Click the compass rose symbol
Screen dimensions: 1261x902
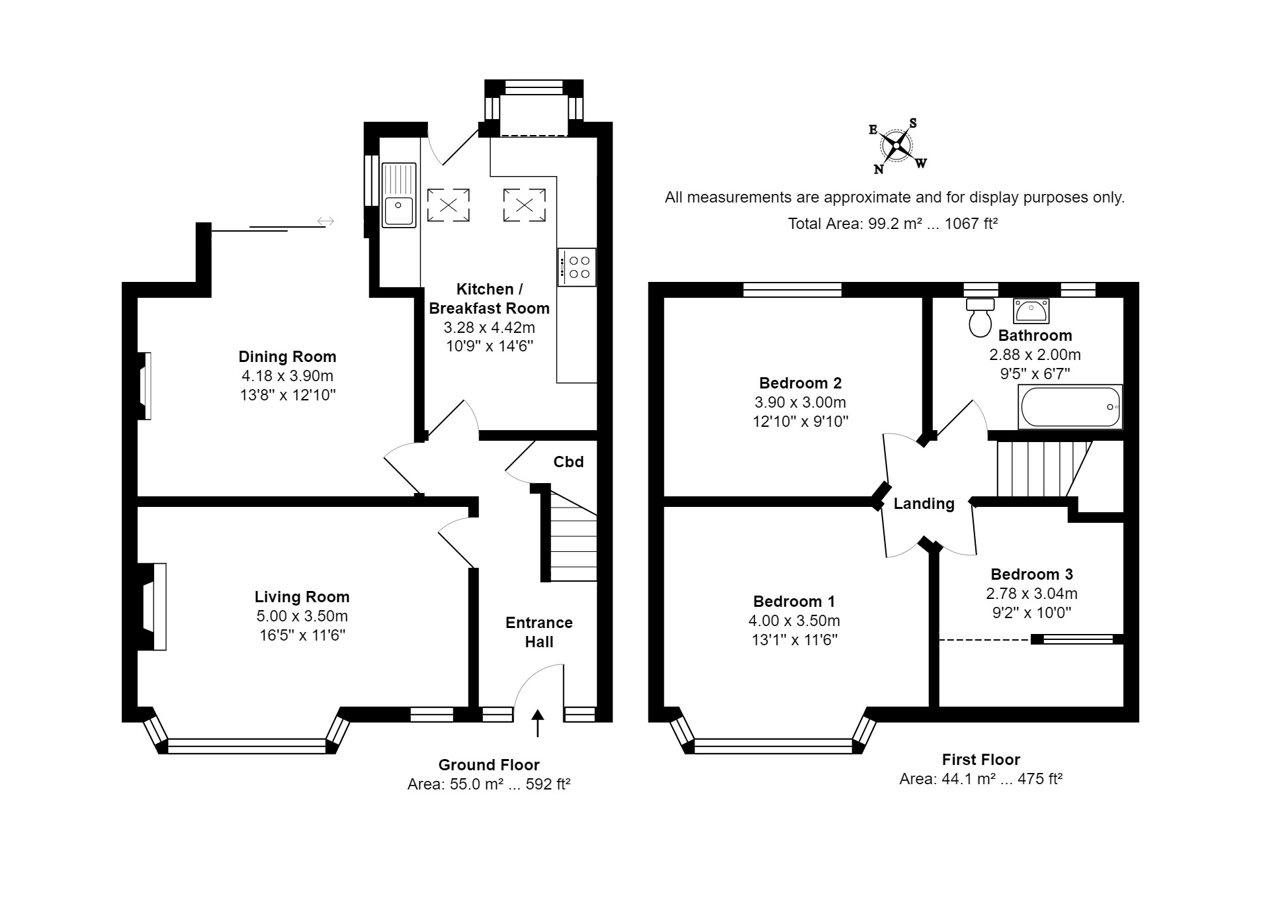click(896, 146)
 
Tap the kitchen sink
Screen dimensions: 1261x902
click(399, 195)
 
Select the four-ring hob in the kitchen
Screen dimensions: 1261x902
click(577, 267)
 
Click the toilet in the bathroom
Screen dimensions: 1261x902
click(980, 317)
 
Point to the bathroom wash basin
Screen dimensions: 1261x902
click(1031, 310)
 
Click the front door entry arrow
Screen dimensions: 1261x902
click(537, 723)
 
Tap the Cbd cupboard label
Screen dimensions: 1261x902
click(568, 462)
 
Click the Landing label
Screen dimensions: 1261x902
click(924, 504)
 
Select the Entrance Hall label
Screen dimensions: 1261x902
click(539, 632)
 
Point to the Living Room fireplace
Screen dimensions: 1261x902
click(152, 607)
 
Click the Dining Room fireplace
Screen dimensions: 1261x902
click(144, 386)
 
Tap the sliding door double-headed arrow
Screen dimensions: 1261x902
click(326, 221)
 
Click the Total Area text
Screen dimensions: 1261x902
click(892, 224)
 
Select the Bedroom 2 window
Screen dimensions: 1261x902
click(792, 289)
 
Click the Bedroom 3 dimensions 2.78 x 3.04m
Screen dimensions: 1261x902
click(1031, 594)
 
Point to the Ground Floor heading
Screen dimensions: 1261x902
click(489, 765)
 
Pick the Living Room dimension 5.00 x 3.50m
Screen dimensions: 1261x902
click(302, 616)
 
